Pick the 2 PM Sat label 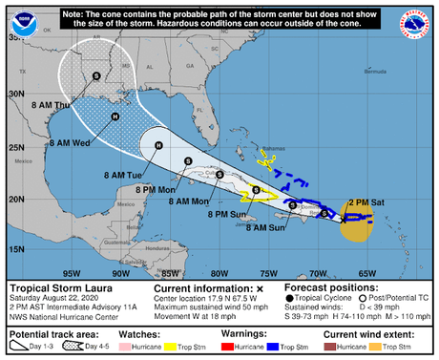tap(371, 202)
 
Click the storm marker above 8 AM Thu tap(95, 75)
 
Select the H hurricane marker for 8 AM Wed tap(115, 116)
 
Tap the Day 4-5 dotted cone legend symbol tap(62, 349)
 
